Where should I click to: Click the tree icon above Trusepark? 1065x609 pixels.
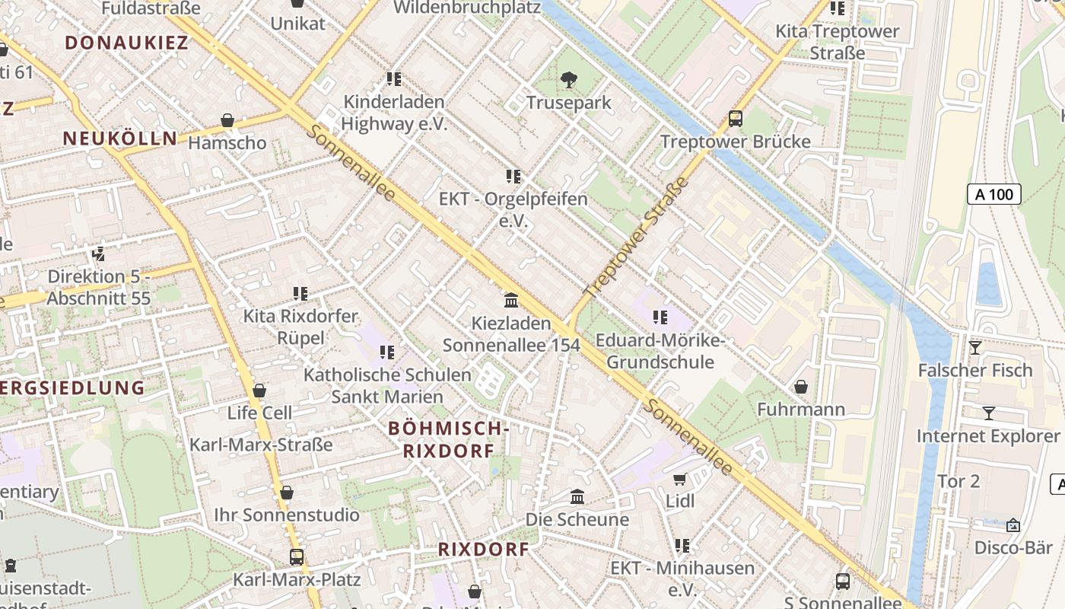point(567,79)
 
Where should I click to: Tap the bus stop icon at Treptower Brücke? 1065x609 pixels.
point(735,119)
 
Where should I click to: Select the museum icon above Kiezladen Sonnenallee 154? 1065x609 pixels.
point(511,301)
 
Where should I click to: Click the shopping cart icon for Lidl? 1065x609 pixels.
point(679,479)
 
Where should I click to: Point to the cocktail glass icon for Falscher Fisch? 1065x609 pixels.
point(974,348)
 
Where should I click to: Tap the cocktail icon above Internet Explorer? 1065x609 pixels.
point(988,413)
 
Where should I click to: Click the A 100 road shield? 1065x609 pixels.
point(994,194)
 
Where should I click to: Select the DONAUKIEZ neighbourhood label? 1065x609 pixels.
point(126,43)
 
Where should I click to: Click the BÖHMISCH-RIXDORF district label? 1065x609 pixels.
point(447,439)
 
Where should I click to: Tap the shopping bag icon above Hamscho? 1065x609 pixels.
point(227,120)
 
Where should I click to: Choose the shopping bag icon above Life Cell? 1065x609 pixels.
point(259,391)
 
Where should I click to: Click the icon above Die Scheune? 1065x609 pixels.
point(577,497)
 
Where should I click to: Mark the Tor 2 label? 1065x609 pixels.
point(958,481)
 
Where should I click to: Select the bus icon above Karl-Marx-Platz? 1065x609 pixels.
point(296,556)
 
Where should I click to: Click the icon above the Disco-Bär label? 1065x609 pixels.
point(1013,525)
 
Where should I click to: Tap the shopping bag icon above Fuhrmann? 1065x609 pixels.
point(800,387)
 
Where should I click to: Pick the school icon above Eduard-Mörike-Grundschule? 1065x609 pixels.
point(660,317)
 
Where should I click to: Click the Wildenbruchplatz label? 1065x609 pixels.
point(467,8)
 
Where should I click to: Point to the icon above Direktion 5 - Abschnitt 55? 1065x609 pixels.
point(98,253)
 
